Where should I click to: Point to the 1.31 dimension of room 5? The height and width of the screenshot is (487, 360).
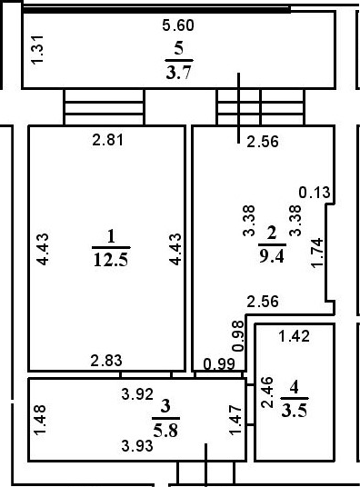click(x=37, y=49)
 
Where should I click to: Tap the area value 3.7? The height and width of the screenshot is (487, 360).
click(x=179, y=69)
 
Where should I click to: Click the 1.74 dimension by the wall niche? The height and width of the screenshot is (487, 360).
click(x=316, y=252)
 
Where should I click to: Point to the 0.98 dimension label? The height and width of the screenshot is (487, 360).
click(x=238, y=337)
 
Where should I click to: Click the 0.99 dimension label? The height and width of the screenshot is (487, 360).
click(x=219, y=365)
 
